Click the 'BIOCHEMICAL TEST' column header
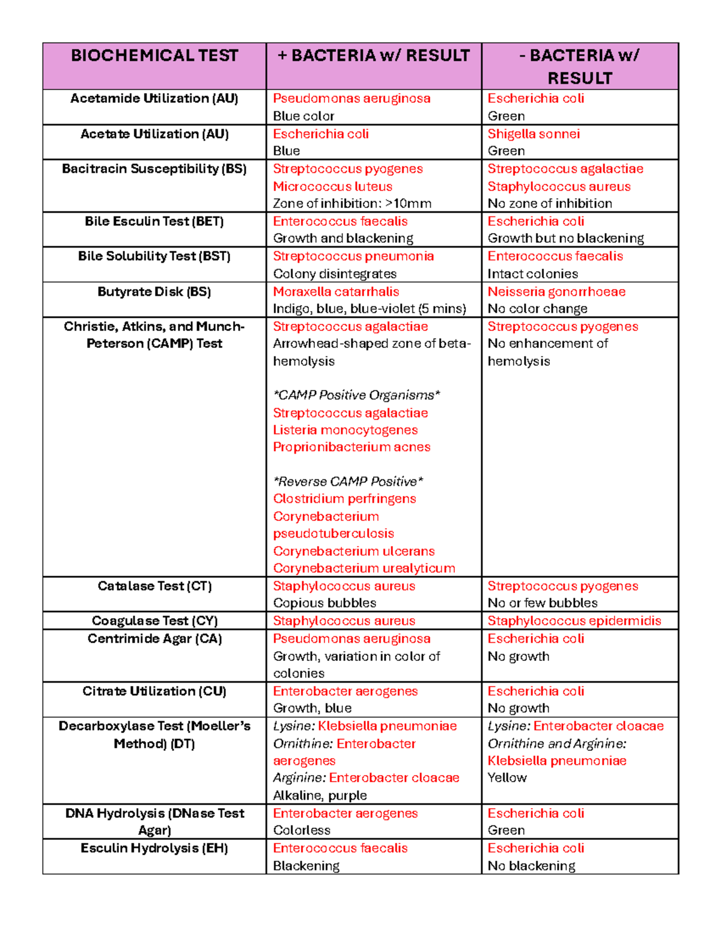pos(154,56)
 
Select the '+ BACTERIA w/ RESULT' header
pos(373,56)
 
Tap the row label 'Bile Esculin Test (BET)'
pos(154,221)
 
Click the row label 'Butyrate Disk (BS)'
pos(154,292)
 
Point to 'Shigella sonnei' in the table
pos(534,134)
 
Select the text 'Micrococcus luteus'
pos(332,187)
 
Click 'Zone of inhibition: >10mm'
pos(352,204)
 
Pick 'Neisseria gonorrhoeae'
pos(556,292)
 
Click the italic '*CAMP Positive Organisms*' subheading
pos(356,395)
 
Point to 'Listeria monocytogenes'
pos(345,430)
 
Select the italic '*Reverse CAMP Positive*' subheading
pos(348,482)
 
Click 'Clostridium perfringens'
pos(344,499)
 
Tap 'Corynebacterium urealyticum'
pos(364,568)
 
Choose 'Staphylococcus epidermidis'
pos(574,621)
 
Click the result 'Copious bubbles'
pos(324,603)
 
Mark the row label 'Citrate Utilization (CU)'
pos(154,691)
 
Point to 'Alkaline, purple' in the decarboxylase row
pos(320,795)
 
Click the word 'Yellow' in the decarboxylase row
pos(507,778)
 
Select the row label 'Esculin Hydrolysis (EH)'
pos(154,848)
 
